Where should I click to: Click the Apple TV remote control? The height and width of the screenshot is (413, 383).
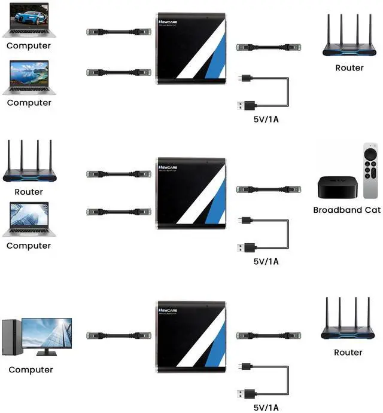(x=370, y=170)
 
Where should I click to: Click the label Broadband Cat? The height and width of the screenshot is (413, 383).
(x=346, y=210)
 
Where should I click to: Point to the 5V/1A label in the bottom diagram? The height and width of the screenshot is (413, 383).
(x=266, y=408)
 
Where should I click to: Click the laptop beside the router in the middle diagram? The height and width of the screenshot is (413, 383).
(x=29, y=220)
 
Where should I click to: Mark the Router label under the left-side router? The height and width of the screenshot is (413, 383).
(x=29, y=192)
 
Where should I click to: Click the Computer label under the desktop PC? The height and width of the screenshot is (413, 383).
(x=31, y=369)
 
